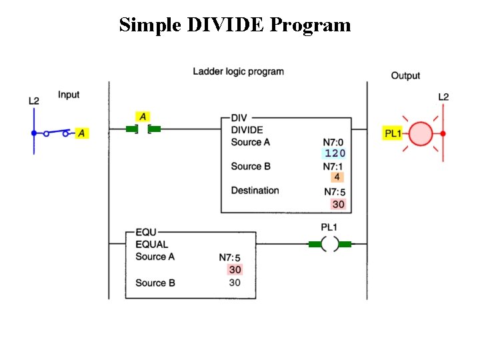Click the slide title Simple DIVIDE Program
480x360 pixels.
pos(235,25)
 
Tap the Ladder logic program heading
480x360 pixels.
pos(238,71)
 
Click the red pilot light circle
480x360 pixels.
pos(421,133)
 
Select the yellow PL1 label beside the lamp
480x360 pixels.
pos(393,133)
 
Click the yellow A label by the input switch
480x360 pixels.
pos(81,133)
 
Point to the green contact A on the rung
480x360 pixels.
pos(143,129)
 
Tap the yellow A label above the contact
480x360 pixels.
pos(143,117)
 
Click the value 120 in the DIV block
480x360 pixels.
pos(335,153)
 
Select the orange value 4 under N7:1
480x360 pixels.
pos(337,177)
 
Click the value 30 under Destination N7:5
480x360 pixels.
pos(338,204)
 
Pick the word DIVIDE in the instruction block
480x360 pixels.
pos(247,130)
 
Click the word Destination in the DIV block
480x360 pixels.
pos(255,191)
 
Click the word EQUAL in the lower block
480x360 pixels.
pos(151,245)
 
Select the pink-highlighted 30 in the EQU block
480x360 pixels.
pos(235,269)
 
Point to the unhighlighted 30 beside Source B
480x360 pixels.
pos(235,283)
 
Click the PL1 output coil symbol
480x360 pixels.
pos(329,245)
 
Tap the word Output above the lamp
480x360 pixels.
pos(405,76)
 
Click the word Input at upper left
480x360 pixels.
pos(69,95)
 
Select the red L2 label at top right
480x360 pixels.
pos(443,97)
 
